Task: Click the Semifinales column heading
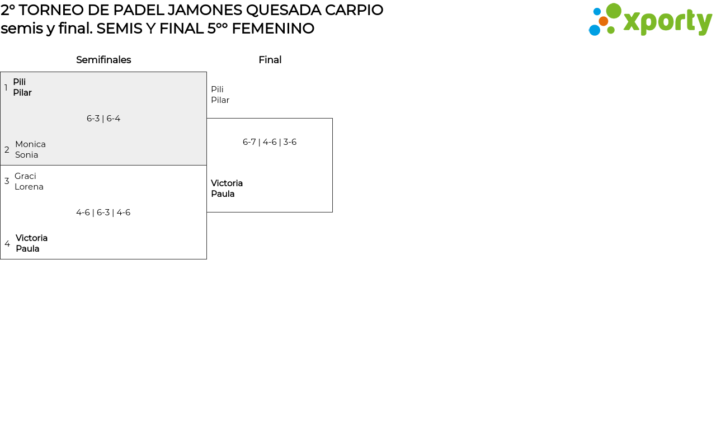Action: pyautogui.click(x=103, y=60)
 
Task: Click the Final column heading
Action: pyautogui.click(x=270, y=60)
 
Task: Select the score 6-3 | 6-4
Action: pyautogui.click(x=103, y=119)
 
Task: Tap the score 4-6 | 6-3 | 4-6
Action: pyautogui.click(x=103, y=212)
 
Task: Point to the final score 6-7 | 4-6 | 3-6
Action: pyautogui.click(x=270, y=142)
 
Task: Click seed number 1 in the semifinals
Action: pyautogui.click(x=6, y=88)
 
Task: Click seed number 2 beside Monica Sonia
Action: pyautogui.click(x=7, y=150)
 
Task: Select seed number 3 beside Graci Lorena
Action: pyautogui.click(x=7, y=181)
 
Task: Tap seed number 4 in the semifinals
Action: pyautogui.click(x=7, y=244)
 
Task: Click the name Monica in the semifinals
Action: pyautogui.click(x=30, y=144)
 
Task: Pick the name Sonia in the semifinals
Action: pyautogui.click(x=27, y=155)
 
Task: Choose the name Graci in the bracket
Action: pyautogui.click(x=25, y=176)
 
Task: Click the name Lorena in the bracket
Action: pyautogui.click(x=29, y=187)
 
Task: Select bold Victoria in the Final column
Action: pyautogui.click(x=227, y=183)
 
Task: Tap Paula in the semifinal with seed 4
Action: pyautogui.click(x=27, y=249)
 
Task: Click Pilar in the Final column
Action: pyautogui.click(x=220, y=100)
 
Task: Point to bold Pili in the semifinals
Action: pyautogui.click(x=20, y=82)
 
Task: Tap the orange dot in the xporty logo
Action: pyautogui.click(x=603, y=21)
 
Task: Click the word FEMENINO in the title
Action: pyautogui.click(x=273, y=29)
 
